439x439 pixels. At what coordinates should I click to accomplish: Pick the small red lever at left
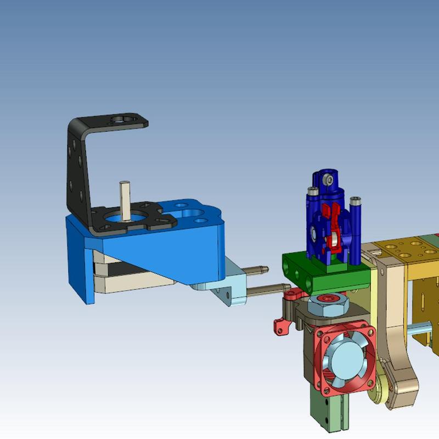pyautogui.click(x=282, y=328)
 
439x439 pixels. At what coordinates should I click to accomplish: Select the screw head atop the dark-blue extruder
pyautogui.click(x=328, y=179)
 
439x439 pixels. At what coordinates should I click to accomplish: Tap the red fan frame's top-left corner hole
pyautogui.click(x=320, y=333)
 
